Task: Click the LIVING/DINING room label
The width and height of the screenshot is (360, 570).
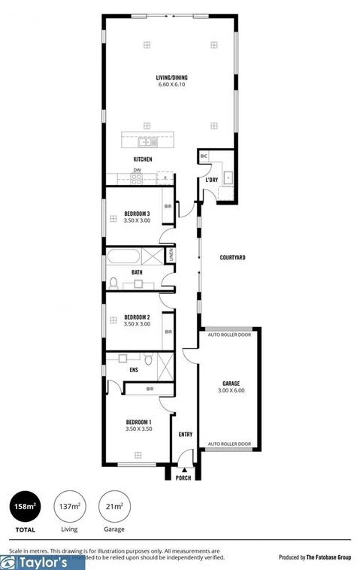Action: click(171, 77)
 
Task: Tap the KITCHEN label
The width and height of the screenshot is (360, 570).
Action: click(143, 159)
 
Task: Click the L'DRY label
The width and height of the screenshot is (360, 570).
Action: click(212, 180)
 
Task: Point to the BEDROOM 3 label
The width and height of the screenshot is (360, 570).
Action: click(138, 214)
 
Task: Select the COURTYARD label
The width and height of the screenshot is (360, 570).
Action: click(233, 257)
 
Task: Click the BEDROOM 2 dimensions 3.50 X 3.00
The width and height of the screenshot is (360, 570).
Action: click(138, 324)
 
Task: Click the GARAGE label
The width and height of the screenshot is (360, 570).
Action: click(231, 384)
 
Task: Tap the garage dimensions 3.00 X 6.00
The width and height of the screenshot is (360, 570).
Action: click(231, 391)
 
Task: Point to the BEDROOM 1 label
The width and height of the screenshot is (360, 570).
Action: click(138, 422)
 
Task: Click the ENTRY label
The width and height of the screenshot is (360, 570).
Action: click(185, 435)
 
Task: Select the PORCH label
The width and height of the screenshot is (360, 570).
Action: click(183, 478)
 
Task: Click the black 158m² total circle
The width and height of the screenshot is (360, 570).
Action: click(25, 507)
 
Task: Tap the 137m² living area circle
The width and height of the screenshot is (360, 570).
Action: click(69, 507)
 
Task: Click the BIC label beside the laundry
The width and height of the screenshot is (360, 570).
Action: click(204, 156)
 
